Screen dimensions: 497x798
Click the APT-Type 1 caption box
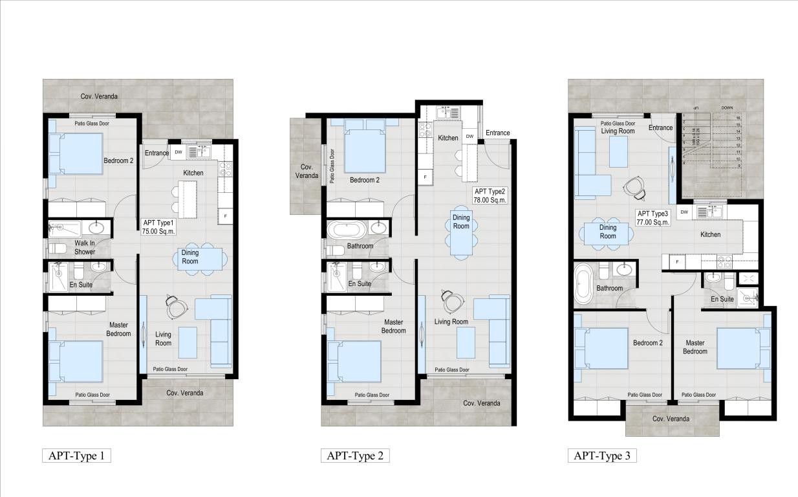tap(76, 456)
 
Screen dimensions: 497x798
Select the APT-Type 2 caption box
tap(355, 456)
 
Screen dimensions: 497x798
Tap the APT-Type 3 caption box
tap(602, 456)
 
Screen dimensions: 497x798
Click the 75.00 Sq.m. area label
tap(158, 230)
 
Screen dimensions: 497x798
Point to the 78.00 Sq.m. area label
tap(490, 200)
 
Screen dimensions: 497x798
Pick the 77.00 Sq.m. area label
tap(652, 222)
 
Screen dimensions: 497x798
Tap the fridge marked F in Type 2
tap(426, 177)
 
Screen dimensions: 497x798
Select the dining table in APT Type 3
tap(608, 232)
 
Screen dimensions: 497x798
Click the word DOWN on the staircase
tap(728, 108)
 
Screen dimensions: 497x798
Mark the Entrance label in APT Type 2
tap(497, 133)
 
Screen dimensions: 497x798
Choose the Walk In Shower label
tap(84, 248)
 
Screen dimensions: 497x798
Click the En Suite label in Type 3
tap(722, 299)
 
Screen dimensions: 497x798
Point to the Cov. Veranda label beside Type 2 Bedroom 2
tap(307, 171)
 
